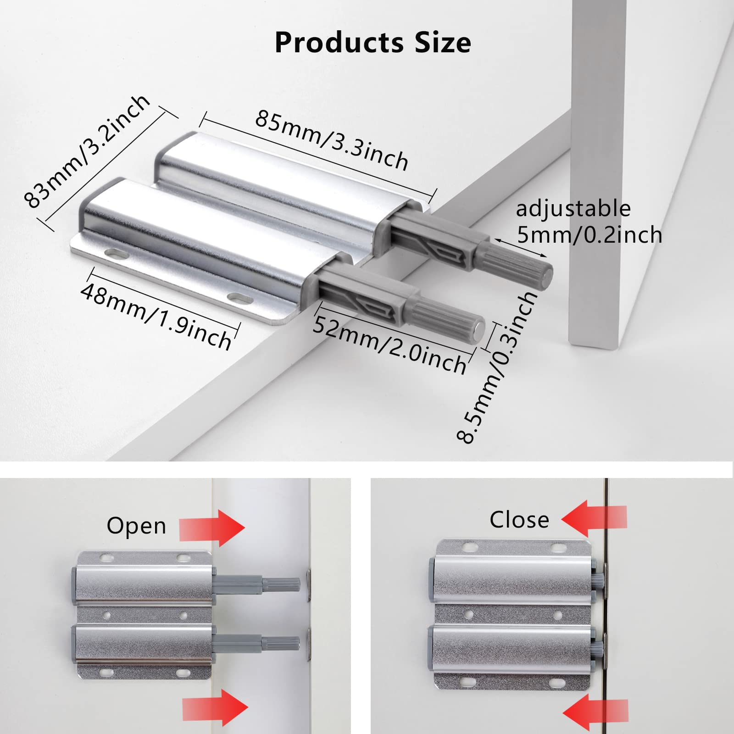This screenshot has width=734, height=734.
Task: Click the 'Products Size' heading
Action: (x=373, y=43)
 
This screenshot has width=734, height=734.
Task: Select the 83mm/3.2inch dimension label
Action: (x=87, y=151)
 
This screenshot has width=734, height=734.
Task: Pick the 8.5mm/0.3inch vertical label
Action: (x=498, y=367)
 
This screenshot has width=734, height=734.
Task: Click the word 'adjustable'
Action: (x=573, y=209)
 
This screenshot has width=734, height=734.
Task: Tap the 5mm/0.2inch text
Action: (x=589, y=235)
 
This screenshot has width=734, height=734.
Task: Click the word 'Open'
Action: (x=136, y=526)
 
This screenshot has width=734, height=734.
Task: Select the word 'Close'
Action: (x=519, y=520)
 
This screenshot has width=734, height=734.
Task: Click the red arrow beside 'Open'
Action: (x=212, y=528)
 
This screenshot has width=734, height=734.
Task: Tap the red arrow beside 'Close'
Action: (x=594, y=518)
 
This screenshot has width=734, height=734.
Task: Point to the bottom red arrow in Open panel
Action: (x=215, y=706)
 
